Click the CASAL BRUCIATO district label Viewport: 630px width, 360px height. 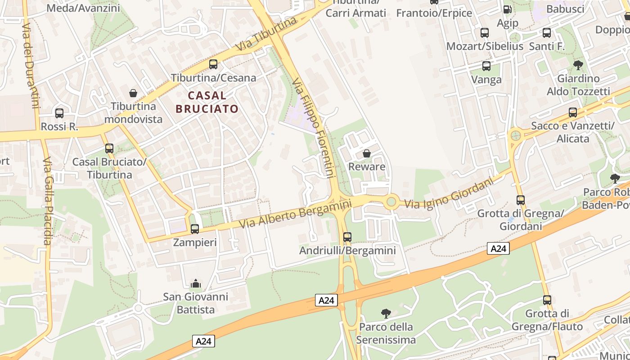(x=207, y=102)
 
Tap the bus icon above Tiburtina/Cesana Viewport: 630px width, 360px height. (x=213, y=64)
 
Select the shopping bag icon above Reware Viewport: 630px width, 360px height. (x=367, y=153)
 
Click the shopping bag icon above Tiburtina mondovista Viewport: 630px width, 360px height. (x=133, y=93)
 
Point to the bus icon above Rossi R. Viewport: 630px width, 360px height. (x=59, y=113)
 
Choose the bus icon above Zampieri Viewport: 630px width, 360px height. (x=195, y=229)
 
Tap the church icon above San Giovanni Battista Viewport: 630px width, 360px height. (x=196, y=283)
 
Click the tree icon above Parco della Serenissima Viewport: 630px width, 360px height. (x=386, y=313)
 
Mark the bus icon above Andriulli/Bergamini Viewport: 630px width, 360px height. (x=347, y=237)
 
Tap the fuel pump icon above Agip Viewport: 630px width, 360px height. (x=507, y=9)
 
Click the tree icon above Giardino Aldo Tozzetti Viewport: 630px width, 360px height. (x=578, y=65)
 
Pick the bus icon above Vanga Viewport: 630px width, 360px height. (x=486, y=66)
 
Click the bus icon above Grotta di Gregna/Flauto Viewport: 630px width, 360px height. (x=547, y=300)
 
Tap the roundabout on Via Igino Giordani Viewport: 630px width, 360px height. (x=391, y=202)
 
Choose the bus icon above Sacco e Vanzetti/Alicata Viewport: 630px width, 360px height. (x=573, y=112)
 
